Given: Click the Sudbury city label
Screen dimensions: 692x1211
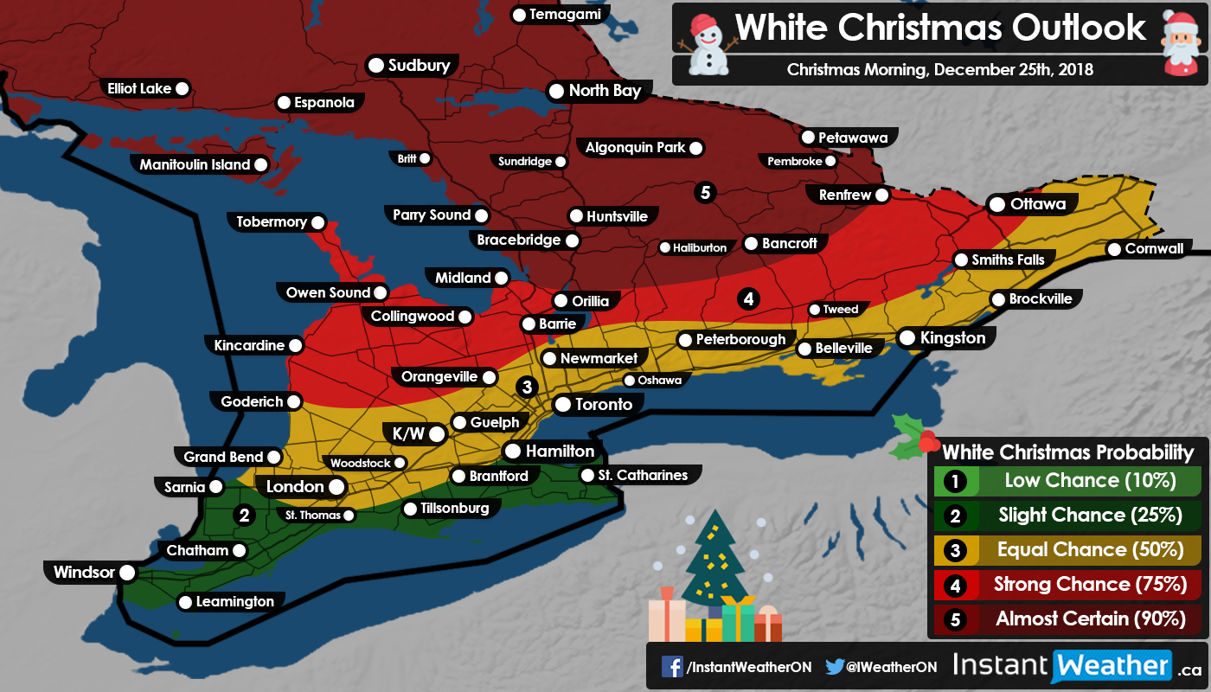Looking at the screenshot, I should [x=420, y=66].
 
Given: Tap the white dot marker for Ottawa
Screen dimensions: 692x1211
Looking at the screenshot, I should [x=996, y=205].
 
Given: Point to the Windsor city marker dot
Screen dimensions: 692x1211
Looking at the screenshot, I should [x=127, y=572].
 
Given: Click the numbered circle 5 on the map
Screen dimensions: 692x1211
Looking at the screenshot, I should [x=705, y=192].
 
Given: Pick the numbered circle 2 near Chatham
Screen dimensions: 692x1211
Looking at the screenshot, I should [x=245, y=516].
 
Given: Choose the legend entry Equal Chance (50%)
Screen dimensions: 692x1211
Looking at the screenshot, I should [x=1063, y=550].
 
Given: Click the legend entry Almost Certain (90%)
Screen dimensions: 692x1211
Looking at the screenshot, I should [x=1063, y=619].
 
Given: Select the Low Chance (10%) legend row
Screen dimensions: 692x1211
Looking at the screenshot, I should [x=1063, y=481].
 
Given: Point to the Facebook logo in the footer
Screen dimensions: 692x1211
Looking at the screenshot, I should [x=671, y=666].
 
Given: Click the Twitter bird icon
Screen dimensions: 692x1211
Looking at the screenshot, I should [x=834, y=666].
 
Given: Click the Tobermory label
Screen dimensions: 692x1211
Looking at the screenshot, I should [x=272, y=222].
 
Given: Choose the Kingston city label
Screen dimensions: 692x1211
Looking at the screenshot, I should [x=952, y=338].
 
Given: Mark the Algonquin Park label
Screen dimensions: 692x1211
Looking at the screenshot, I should [x=635, y=148].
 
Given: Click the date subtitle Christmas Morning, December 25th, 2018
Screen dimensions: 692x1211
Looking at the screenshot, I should [x=939, y=70].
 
